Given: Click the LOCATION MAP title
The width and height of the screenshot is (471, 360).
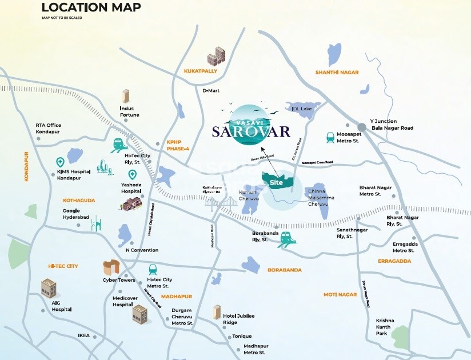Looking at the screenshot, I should (91, 7).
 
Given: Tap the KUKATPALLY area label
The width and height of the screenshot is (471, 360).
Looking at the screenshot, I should (200, 71).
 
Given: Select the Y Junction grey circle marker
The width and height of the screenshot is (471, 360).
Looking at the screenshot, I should (361, 127).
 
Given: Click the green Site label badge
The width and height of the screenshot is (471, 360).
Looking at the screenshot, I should (277, 182).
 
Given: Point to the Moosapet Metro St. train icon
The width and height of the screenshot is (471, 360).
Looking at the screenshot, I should (330, 137).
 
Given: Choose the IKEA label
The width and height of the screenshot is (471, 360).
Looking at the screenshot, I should (84, 335).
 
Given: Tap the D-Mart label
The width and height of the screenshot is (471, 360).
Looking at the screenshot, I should (211, 90).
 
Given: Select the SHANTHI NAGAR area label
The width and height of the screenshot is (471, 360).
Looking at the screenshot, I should (337, 72).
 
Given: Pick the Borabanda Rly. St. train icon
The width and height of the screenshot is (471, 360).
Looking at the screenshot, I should (286, 240).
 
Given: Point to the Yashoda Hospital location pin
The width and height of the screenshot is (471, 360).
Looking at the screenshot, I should (132, 175).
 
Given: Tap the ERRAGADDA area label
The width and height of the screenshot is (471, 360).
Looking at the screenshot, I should (394, 261).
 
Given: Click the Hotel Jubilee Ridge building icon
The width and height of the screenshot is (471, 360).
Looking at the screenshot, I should (217, 312).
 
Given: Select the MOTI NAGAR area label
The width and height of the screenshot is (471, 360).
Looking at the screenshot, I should (340, 294).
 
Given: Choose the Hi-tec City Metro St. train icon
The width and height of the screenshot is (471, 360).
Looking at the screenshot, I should (153, 270).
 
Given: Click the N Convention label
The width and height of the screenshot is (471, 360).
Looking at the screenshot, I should (142, 250).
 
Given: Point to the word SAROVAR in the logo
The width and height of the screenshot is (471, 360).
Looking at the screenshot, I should (251, 132).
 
